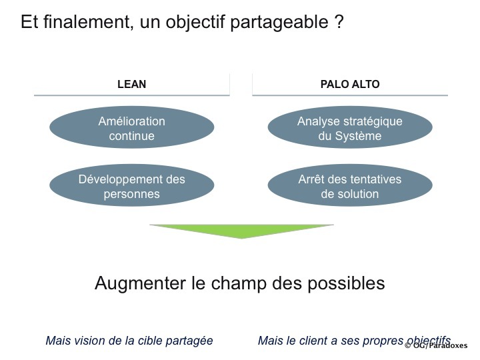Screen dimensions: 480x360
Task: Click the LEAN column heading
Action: click(x=131, y=84)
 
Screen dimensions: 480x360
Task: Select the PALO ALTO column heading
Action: click(x=350, y=84)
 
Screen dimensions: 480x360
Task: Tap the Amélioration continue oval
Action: click(x=131, y=127)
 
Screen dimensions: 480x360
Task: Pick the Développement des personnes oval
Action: click(x=131, y=185)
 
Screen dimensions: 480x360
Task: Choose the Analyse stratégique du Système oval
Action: click(x=350, y=127)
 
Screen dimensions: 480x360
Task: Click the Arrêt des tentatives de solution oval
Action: click(x=350, y=185)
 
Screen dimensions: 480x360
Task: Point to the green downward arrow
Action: click(x=241, y=231)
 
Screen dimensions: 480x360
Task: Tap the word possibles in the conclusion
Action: click(x=346, y=283)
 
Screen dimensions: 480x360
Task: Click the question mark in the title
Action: click(x=339, y=21)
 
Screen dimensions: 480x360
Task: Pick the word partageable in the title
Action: click(x=279, y=23)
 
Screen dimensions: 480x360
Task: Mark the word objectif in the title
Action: click(x=195, y=23)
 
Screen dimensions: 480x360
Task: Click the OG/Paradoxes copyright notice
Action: click(x=436, y=345)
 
